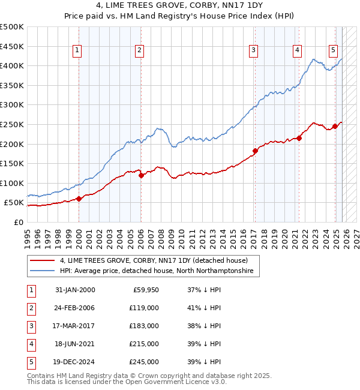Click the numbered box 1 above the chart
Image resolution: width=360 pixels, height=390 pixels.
78,50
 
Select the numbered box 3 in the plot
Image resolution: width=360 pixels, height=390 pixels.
254,50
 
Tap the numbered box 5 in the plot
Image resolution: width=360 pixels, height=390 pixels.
333,50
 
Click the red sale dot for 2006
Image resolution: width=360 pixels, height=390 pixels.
141,176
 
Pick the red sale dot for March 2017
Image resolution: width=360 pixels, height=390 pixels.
255,151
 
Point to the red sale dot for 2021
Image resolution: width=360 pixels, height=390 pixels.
299,138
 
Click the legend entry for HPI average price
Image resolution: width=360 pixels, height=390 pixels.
156,271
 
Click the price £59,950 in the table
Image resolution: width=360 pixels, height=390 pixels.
144,290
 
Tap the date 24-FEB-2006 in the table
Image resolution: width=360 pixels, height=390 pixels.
75,308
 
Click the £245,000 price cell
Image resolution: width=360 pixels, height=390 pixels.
144,362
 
